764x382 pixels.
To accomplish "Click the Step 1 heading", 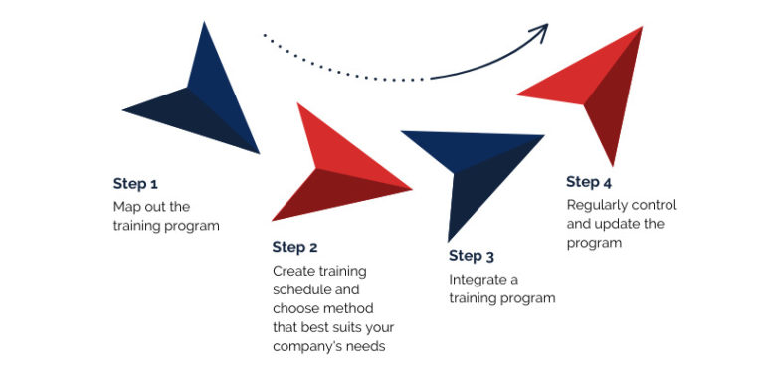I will click(135, 184).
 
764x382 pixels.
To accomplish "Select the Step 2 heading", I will click(294, 247).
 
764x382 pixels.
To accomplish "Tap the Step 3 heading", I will click(472, 256).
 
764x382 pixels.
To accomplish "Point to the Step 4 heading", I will click(589, 182).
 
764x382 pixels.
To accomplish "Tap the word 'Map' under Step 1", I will click(126, 207).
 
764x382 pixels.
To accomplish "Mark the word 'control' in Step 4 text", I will click(656, 205).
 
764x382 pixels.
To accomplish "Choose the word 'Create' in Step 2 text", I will click(292, 271).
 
